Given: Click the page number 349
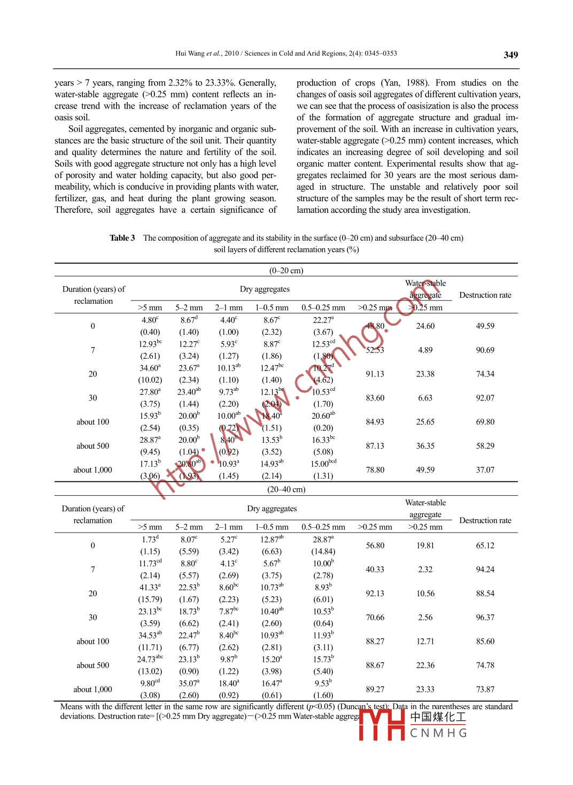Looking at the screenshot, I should coord(510,55).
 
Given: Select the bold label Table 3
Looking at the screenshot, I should coord(122,238).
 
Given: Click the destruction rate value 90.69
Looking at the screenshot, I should coord(485,350).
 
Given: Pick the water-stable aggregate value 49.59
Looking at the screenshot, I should coord(425,470).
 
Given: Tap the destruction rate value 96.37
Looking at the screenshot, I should coord(485,618).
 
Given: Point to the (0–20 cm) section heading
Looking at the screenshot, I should coord(286,271).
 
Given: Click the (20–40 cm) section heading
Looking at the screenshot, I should coord(286,489).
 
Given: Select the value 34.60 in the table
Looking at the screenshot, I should coord(149,368).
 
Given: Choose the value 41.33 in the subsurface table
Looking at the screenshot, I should coord(149,588).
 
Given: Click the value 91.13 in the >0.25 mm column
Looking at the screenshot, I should coord(375,374).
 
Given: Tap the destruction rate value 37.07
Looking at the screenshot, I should coord(485,470).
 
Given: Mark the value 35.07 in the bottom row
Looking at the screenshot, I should coord(188,683).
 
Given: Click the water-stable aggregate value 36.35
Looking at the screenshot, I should coord(425,446).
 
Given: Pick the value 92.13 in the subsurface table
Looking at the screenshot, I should coord(375,594).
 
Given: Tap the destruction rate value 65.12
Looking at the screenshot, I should coord(485,546).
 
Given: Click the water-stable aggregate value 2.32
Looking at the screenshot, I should coord(425,569).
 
